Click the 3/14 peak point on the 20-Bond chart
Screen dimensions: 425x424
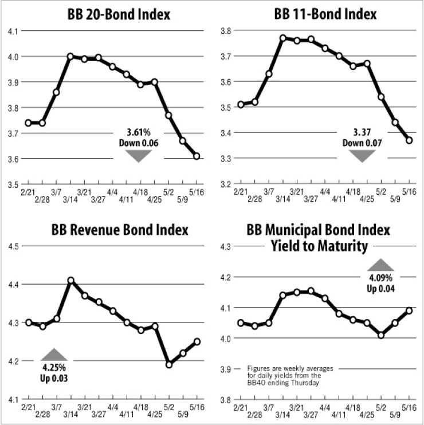70,56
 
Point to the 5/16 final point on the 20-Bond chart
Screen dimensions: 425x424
197,156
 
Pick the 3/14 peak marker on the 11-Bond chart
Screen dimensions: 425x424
282,38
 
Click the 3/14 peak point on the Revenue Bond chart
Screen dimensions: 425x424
70,281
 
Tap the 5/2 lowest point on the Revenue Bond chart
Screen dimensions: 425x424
169,364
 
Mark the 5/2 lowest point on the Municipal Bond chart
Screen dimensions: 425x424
381,335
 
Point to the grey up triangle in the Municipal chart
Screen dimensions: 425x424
381,265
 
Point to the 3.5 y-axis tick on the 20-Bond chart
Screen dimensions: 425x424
13,184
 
